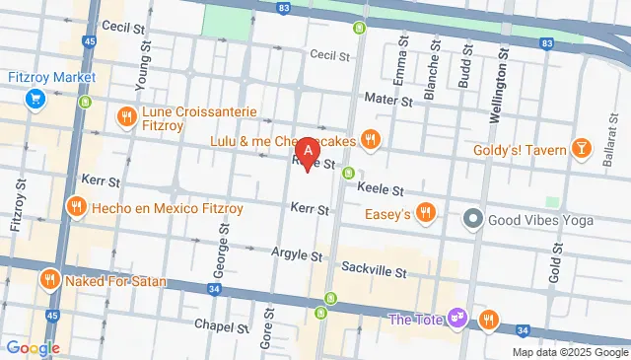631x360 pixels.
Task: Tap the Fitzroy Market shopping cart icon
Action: coord(35,98)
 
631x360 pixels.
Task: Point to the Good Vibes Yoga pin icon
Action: coord(473,218)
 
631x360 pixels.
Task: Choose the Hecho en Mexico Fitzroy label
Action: coord(153,208)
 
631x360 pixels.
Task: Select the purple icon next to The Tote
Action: coord(456,318)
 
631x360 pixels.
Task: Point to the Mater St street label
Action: coord(387,101)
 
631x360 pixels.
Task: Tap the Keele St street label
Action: coord(380,188)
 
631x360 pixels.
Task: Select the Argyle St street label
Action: coord(297,255)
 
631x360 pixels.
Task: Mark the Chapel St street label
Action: coord(219,324)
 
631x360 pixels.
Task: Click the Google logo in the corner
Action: coord(33,347)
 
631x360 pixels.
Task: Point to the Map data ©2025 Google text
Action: coord(569,352)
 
